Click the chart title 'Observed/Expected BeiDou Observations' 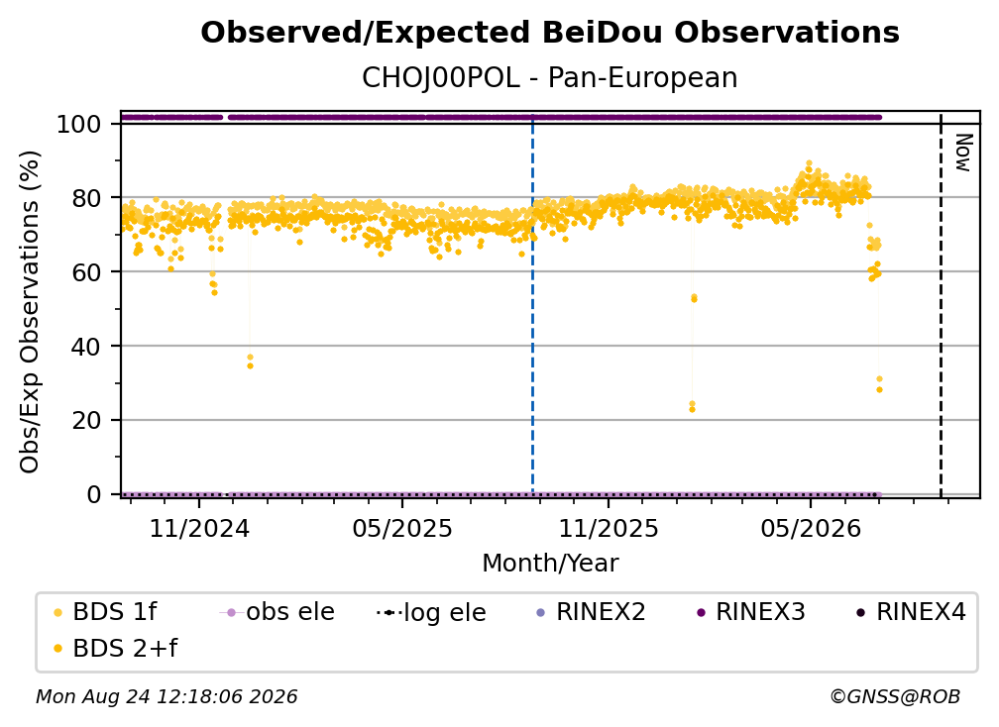[x=550, y=33]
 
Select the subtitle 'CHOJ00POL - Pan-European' [x=550, y=78]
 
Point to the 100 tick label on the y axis [x=78, y=124]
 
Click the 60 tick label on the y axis [x=86, y=272]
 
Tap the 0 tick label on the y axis [x=94, y=494]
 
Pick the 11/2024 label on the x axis [x=199, y=529]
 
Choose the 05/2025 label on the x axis [x=402, y=529]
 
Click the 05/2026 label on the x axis [x=811, y=529]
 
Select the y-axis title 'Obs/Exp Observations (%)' [x=30, y=312]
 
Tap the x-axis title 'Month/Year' [x=550, y=564]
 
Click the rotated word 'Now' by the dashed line [x=963, y=153]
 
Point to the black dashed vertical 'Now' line [x=942, y=304]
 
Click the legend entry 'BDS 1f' [x=105, y=612]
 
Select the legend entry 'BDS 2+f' [x=115, y=649]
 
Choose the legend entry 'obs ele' [x=277, y=612]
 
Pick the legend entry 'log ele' [x=432, y=613]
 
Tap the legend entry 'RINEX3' [x=752, y=612]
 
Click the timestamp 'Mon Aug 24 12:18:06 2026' [x=166, y=697]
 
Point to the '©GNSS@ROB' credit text [x=895, y=697]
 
